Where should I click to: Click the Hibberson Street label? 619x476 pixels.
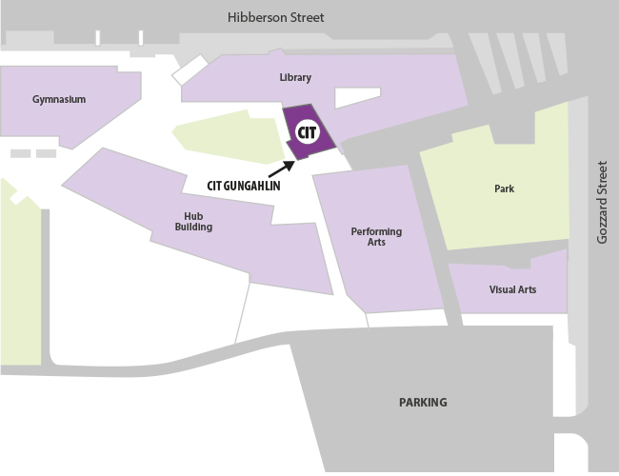[x=276, y=18]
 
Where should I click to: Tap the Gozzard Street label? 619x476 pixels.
[x=602, y=202]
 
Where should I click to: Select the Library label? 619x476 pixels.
[x=295, y=78]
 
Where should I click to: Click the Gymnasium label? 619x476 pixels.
[x=59, y=100]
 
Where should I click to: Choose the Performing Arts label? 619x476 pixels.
[x=376, y=237]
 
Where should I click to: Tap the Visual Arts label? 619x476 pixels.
[x=512, y=289]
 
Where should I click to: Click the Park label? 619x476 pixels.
[x=504, y=189]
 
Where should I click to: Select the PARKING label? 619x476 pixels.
[x=422, y=403]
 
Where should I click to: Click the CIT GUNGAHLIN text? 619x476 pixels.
[x=243, y=186]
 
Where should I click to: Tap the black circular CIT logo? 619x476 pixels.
[x=307, y=132]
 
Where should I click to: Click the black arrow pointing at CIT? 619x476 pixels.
[x=283, y=169]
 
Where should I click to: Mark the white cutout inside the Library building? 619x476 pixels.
[x=357, y=97]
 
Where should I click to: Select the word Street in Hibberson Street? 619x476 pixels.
[x=305, y=18]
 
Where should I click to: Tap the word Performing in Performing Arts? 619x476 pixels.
[x=376, y=231]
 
